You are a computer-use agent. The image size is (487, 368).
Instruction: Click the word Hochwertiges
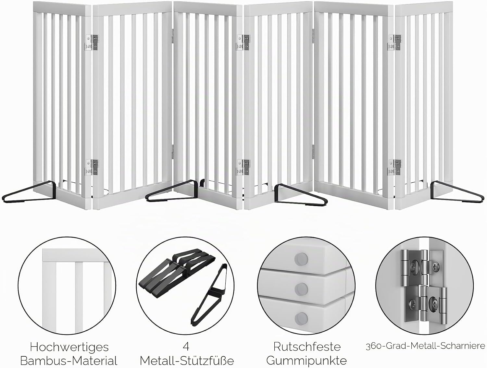69,347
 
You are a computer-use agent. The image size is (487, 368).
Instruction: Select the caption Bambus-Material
69,361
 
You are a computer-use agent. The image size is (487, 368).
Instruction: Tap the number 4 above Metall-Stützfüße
186,347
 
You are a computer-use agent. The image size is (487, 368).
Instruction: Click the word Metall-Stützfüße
187,361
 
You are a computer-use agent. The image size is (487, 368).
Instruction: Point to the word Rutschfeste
307,347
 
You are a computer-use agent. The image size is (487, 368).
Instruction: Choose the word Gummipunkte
306,361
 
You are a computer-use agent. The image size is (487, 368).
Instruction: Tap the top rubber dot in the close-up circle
301,259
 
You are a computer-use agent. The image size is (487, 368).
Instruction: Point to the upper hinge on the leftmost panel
92,42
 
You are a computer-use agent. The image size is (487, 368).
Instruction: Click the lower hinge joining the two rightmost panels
395,167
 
